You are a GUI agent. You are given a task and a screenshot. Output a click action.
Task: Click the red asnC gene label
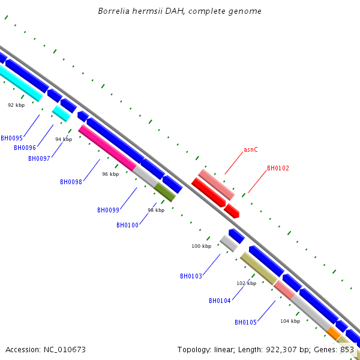[x=250, y=149]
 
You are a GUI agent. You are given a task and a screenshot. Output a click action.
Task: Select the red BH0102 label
[x=278, y=168]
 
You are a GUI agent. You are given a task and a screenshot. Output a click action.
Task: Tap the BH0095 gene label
[x=12, y=138]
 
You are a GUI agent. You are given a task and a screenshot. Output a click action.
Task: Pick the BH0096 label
[x=25, y=148]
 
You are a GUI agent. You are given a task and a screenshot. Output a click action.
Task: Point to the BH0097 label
[x=39, y=158]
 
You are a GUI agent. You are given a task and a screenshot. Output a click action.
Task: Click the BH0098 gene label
[x=71, y=182]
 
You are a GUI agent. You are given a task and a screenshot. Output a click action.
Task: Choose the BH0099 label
[x=108, y=211]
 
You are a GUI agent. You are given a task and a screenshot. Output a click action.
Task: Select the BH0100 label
[x=127, y=225]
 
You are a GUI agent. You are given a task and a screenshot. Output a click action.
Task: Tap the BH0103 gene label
[x=191, y=276]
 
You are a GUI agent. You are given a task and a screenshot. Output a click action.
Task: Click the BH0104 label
[x=220, y=301]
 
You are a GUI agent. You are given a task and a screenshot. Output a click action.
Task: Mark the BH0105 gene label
[x=245, y=322]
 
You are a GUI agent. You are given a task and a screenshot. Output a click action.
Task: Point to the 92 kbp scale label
[x=16, y=105]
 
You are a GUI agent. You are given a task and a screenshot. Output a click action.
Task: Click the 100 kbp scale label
[x=202, y=246]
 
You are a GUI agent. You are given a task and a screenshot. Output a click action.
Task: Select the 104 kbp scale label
[x=290, y=321]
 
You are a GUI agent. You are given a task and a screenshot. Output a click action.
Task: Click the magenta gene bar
[x=107, y=148]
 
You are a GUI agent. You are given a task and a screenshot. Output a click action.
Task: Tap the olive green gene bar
[x=165, y=192]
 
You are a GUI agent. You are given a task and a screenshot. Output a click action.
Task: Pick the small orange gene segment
[x=334, y=334]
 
